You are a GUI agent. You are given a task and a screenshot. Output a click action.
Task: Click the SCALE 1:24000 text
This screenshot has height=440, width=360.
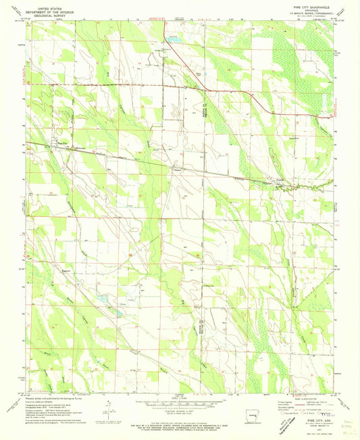pyautogui.click(x=180, y=395)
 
